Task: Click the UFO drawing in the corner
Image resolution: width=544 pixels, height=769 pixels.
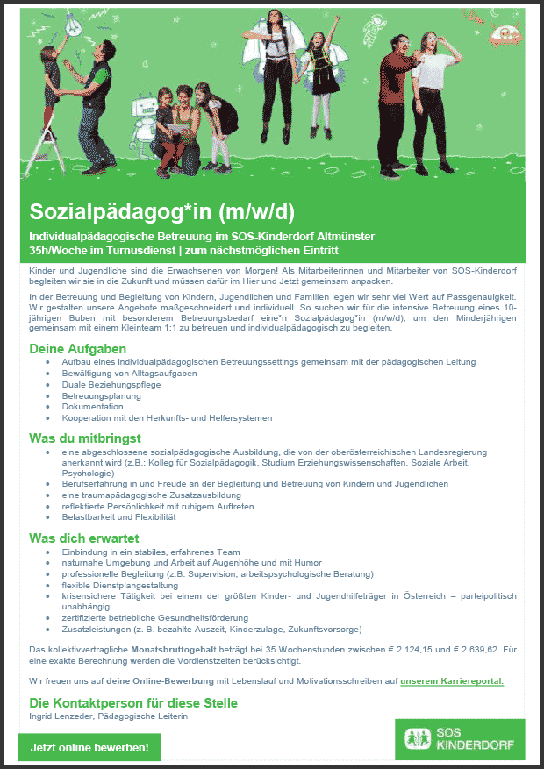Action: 505,34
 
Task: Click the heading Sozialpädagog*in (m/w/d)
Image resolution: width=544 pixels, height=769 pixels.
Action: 163,212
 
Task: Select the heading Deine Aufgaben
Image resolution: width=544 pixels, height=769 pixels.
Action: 78,349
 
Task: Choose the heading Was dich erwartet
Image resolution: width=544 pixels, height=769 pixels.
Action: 84,538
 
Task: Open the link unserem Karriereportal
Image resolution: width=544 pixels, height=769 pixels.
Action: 452,680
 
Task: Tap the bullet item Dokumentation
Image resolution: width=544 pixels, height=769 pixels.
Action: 93,407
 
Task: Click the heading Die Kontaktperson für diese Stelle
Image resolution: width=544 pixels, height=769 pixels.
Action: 133,703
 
